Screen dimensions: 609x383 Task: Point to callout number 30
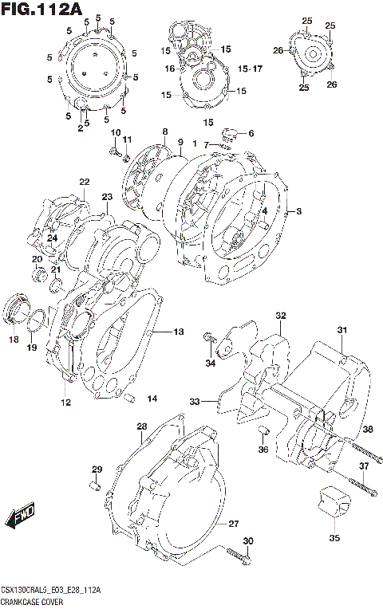click(x=248, y=542)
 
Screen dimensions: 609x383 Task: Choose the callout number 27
click(x=233, y=524)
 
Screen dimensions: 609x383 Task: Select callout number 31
click(x=342, y=331)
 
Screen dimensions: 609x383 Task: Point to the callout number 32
click(x=280, y=316)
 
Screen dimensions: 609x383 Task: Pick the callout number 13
click(x=178, y=331)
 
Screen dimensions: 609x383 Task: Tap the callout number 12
click(x=65, y=403)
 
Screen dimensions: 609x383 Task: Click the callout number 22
click(x=84, y=183)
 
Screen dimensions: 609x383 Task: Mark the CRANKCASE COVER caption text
click(x=30, y=602)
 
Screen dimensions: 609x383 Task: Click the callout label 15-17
click(x=250, y=69)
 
